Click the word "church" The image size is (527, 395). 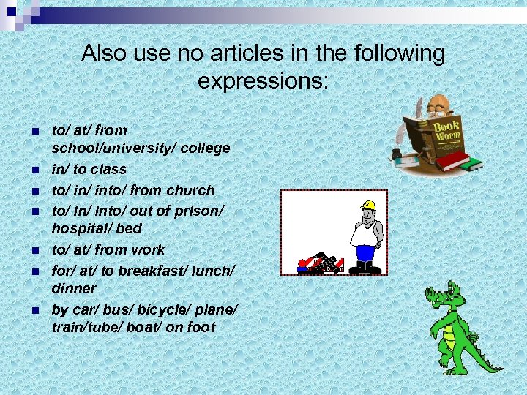tap(190, 190)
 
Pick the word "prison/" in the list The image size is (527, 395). tap(198, 210)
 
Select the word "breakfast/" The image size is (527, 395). tap(154, 269)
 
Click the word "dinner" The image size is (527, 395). tap(74, 288)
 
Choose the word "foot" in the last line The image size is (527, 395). tap(201, 327)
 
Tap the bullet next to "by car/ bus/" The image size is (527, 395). tap(34, 309)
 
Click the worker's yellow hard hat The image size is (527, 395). tap(367, 206)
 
